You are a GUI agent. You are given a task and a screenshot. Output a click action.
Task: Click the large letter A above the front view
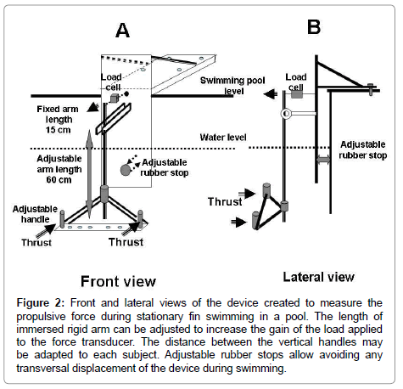tap(122, 31)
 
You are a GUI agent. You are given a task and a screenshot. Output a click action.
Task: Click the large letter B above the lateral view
tap(314, 27)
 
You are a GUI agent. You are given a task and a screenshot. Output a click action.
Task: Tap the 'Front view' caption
tap(118, 281)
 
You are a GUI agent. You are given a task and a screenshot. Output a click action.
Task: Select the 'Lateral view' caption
tap(318, 277)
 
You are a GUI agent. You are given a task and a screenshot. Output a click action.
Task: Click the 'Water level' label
tap(223, 138)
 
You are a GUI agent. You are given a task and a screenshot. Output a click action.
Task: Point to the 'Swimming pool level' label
tap(232, 86)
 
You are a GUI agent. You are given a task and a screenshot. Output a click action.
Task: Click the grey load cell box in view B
tap(297, 94)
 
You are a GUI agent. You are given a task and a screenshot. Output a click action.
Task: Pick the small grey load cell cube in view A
tap(114, 98)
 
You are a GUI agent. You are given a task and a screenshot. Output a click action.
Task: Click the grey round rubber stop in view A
tap(126, 170)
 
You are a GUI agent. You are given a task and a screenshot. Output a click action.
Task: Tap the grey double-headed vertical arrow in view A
tap(89, 174)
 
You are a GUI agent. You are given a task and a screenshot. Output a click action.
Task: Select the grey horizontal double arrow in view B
tap(323, 160)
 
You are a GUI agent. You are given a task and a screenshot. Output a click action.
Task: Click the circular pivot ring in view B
tap(286, 114)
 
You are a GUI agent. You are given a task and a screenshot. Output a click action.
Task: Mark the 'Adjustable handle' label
tap(35, 214)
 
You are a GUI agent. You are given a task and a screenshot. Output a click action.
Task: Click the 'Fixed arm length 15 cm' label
tap(58, 119)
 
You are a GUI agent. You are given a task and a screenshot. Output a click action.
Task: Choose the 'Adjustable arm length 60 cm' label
tap(59, 169)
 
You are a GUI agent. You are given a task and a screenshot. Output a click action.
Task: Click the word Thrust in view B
tap(225, 201)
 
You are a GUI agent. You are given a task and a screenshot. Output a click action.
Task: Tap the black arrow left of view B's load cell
tap(271, 93)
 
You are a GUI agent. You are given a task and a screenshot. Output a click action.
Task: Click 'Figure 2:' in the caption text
tap(41, 302)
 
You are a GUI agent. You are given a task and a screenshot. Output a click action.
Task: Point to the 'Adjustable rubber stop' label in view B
tap(363, 149)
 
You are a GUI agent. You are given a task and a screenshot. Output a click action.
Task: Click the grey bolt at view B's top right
tap(371, 89)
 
